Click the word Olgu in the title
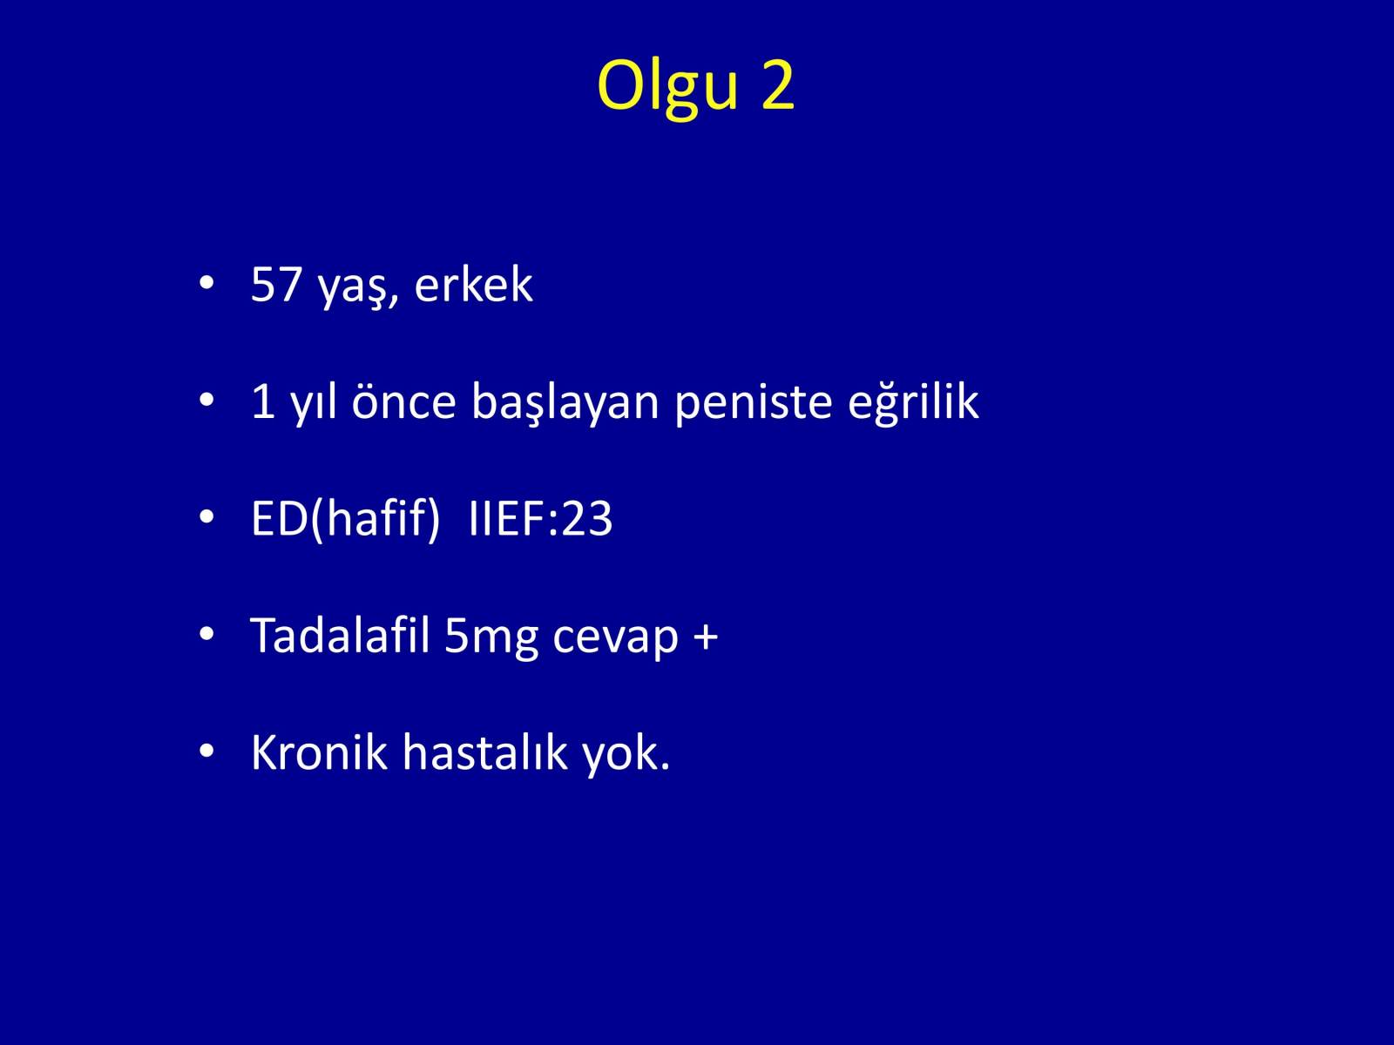click(667, 88)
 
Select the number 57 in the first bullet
click(276, 284)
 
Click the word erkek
click(473, 284)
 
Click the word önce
click(404, 401)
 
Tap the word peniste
click(754, 404)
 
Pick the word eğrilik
click(913, 402)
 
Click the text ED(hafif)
click(346, 519)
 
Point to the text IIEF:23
click(540, 518)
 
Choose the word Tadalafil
click(341, 635)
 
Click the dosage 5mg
click(491, 638)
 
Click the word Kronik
click(320, 752)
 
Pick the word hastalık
click(485, 752)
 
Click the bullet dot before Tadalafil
click(206, 634)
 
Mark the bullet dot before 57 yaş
click(206, 283)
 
